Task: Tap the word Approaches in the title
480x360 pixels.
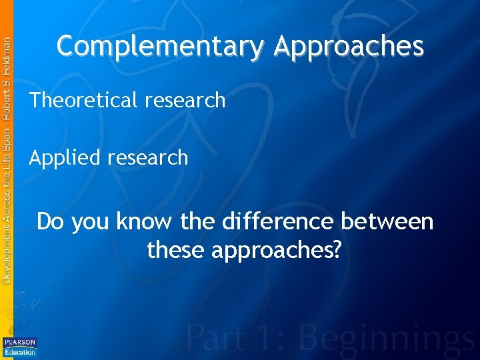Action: tap(349, 47)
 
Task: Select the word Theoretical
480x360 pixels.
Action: tap(82, 101)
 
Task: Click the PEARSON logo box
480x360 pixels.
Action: tap(20, 343)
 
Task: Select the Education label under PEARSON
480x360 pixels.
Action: tap(20, 351)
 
